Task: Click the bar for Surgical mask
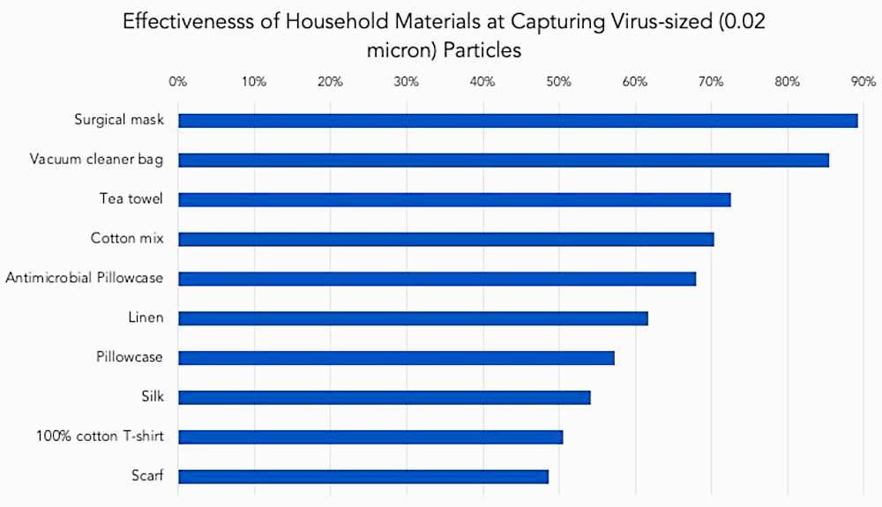tap(518, 121)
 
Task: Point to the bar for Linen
tap(413, 318)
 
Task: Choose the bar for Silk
tap(384, 397)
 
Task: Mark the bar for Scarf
tap(363, 476)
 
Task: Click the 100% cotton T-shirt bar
tap(370, 436)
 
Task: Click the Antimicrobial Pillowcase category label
tap(85, 278)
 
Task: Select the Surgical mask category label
tap(119, 120)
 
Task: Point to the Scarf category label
tap(146, 476)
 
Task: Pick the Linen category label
tap(146, 317)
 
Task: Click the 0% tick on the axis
tap(177, 82)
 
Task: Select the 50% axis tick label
tap(558, 82)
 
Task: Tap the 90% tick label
tap(863, 82)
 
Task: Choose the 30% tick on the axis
tap(406, 82)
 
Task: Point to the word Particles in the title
tap(482, 50)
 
